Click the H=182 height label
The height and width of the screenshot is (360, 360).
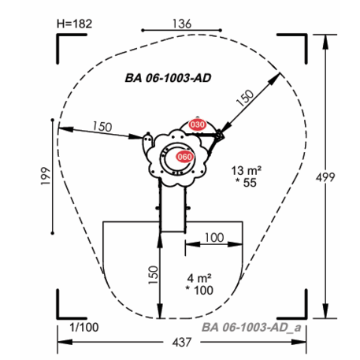click(x=75, y=24)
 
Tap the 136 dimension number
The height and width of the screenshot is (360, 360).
click(x=182, y=24)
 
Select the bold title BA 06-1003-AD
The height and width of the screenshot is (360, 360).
click(x=168, y=78)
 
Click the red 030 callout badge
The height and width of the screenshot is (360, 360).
click(x=198, y=124)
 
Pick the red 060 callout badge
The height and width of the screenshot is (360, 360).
click(x=184, y=157)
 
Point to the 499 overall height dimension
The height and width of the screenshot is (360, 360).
click(x=325, y=177)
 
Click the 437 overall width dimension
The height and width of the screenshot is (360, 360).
click(x=182, y=343)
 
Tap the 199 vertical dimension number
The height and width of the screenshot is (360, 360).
click(x=46, y=176)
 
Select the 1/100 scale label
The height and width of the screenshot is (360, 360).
click(x=84, y=328)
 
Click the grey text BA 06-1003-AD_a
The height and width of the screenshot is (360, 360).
click(x=251, y=328)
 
